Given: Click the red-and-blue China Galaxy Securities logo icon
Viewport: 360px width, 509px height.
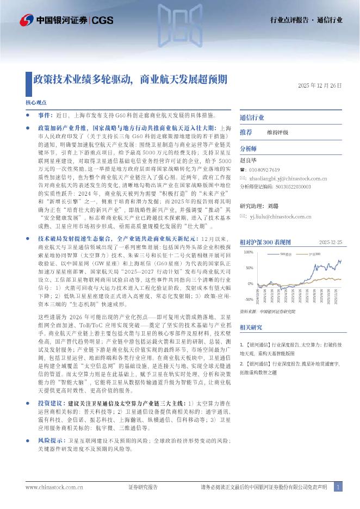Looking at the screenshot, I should [x=27, y=21].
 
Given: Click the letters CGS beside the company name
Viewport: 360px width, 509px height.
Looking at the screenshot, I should [x=102, y=21].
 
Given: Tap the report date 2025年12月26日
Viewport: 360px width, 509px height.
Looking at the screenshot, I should [x=320, y=86].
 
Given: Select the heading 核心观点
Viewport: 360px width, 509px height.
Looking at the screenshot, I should [x=36, y=102].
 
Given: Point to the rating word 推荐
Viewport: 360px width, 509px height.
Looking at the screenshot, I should [x=246, y=132].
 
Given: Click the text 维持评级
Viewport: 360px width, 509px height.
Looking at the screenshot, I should [x=277, y=132].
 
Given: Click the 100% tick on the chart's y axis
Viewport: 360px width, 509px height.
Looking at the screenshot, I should [x=248, y=252].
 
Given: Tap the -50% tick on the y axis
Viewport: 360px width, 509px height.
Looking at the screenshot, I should [x=249, y=300].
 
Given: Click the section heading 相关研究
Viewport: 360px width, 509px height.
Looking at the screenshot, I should [x=251, y=327].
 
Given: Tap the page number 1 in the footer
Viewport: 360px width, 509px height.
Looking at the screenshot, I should [x=338, y=487].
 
